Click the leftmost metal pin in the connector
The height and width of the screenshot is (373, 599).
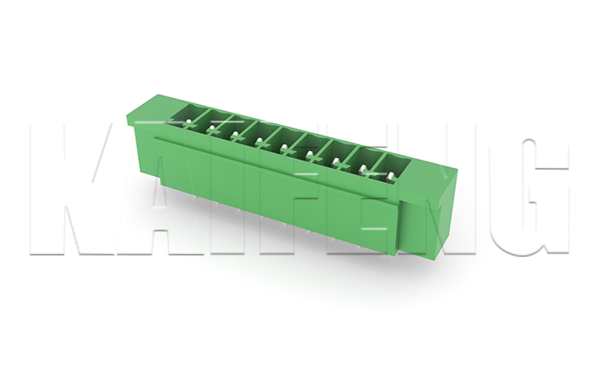tap(188, 123)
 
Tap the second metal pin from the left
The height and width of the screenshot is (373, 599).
tap(212, 128)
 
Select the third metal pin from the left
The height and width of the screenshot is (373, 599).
tap(236, 134)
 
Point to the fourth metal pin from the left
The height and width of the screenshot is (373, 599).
tap(260, 141)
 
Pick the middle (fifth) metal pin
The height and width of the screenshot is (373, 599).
tap(284, 147)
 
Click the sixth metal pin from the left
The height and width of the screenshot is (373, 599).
tap(310, 154)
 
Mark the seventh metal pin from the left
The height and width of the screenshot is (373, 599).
tap(336, 161)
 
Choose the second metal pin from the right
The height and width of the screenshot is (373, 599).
tap(363, 168)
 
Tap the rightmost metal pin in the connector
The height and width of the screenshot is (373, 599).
tap(390, 175)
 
